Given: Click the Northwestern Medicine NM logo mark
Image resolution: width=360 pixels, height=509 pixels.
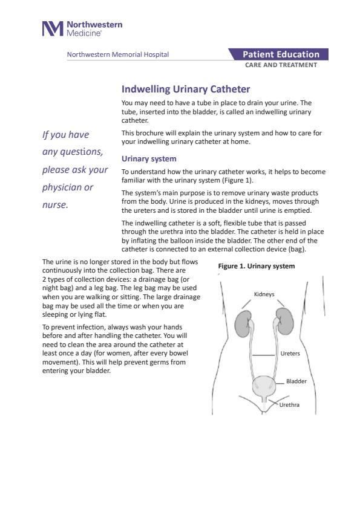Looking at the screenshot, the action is (x=53, y=28).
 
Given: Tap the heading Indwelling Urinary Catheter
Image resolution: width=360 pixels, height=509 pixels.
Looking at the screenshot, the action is (x=186, y=89).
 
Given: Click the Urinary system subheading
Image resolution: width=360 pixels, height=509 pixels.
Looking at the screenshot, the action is (x=149, y=159).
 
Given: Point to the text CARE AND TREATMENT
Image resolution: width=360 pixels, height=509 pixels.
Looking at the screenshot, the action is (x=281, y=65).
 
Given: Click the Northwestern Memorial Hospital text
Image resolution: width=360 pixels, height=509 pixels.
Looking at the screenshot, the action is (x=118, y=54).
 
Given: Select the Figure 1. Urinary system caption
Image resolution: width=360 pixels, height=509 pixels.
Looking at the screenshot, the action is (x=257, y=266).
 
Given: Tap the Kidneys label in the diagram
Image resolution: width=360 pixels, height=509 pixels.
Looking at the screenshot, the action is (x=264, y=294).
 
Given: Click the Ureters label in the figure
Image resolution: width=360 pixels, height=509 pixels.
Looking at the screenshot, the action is (x=290, y=354).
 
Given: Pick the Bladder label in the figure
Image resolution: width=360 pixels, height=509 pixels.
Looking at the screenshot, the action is (x=296, y=381).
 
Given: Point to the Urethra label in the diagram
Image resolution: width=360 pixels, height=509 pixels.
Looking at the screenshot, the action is (x=289, y=405).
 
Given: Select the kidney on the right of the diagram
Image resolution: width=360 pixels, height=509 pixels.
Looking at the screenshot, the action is (x=285, y=322).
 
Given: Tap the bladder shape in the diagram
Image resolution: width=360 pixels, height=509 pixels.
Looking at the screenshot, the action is (x=264, y=386).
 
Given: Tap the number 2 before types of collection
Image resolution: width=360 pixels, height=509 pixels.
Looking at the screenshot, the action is (x=44, y=279).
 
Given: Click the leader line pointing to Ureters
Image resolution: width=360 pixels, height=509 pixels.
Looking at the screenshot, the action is (x=264, y=355).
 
